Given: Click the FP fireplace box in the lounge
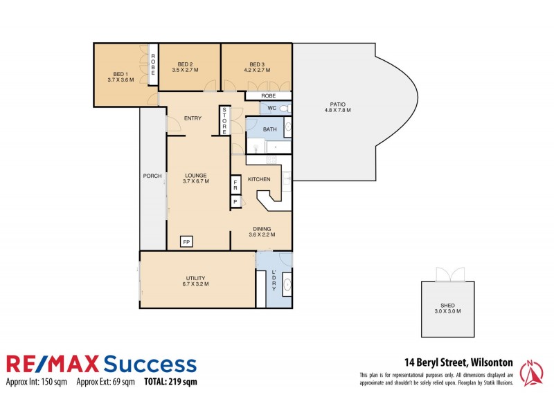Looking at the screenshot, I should (x=186, y=241).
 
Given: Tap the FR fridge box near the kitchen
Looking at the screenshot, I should (x=235, y=185).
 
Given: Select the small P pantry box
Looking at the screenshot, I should (x=235, y=202).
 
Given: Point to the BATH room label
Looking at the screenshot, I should (x=269, y=129).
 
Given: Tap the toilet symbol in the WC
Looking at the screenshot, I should (x=286, y=109).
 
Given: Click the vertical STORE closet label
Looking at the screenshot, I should (x=224, y=122).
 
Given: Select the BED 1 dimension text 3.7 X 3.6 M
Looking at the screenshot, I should (x=120, y=80).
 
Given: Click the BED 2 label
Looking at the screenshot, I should (x=185, y=64).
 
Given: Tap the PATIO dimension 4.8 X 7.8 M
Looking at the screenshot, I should (x=338, y=110).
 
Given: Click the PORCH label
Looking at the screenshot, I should (x=152, y=176).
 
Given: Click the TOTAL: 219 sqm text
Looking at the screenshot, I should (x=170, y=381).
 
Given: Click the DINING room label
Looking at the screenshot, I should (x=261, y=228).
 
